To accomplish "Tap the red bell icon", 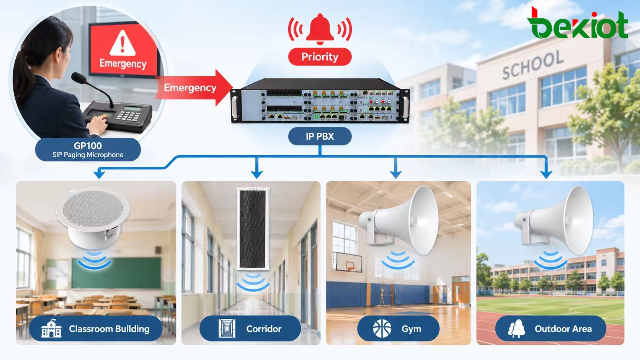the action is pyautogui.click(x=320, y=29).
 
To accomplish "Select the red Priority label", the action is pyautogui.click(x=320, y=57).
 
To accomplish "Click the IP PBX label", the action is pyautogui.click(x=320, y=136).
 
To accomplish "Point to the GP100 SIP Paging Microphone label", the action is pyautogui.click(x=88, y=150).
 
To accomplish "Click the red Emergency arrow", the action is pyautogui.click(x=194, y=87).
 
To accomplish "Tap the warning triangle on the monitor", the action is pyautogui.click(x=123, y=43).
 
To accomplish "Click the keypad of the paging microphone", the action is pyautogui.click(x=129, y=116).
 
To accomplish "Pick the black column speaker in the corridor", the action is pyautogui.click(x=253, y=228).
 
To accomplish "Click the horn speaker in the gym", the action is pyautogui.click(x=399, y=220).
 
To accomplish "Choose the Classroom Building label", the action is pyautogui.click(x=96, y=329).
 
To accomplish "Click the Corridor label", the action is pyautogui.click(x=250, y=329).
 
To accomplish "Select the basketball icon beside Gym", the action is pyautogui.click(x=382, y=329).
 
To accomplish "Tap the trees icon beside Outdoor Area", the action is pyautogui.click(x=517, y=329).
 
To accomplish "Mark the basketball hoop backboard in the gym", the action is pyautogui.click(x=348, y=262).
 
